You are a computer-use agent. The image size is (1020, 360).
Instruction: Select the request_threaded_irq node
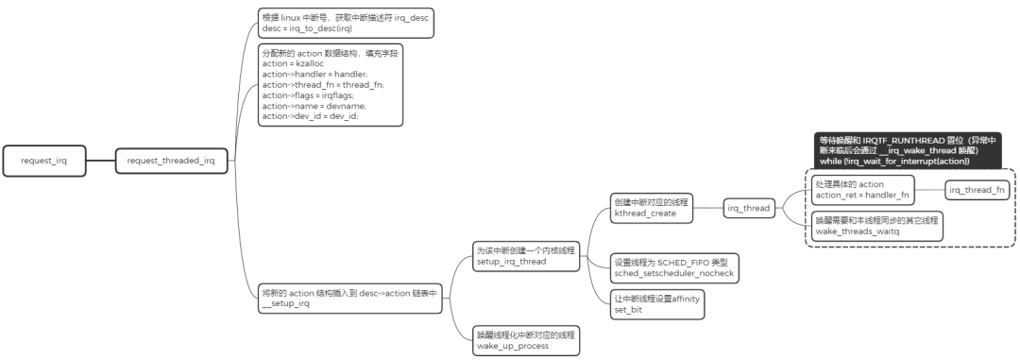(171, 161)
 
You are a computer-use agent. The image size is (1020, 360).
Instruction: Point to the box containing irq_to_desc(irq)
(347, 23)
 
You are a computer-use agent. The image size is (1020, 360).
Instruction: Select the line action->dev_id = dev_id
(310, 116)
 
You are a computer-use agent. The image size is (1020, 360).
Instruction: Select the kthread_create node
(653, 209)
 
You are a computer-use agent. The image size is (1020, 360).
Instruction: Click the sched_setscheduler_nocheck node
(673, 266)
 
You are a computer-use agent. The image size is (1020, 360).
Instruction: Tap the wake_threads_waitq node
(877, 224)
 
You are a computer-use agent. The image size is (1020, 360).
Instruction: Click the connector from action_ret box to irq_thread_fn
(930, 189)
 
